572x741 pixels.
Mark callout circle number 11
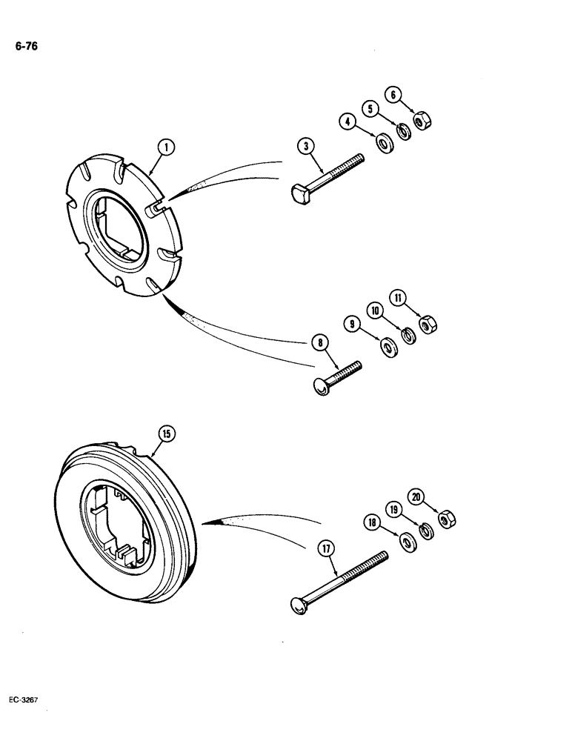click(x=400, y=299)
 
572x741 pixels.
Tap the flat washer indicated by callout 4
click(x=385, y=142)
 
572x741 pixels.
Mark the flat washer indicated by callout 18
click(x=407, y=542)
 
